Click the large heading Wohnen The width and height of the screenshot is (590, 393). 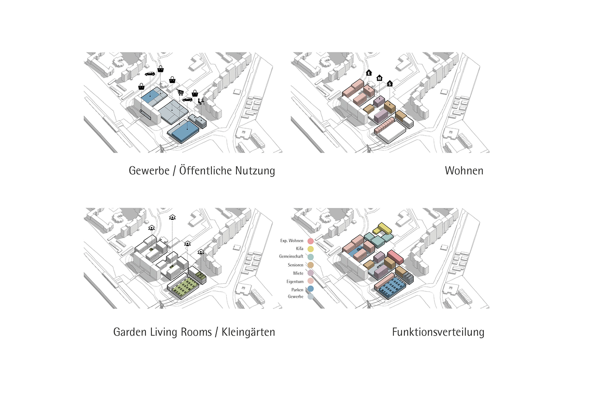coord(464,171)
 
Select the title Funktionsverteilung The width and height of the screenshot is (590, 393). coord(438,332)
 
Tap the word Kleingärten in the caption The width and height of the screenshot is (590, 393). coord(248,332)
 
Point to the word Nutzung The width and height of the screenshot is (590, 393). coord(255,171)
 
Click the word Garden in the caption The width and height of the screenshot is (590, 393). coord(130,332)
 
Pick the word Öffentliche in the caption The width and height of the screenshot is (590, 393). coord(205,170)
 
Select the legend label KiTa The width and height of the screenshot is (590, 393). coord(299,248)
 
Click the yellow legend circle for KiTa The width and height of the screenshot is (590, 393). coord(310,248)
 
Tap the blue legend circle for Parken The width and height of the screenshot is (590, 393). coord(310,289)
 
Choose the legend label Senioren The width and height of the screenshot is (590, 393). coord(295,265)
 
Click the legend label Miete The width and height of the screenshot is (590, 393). coord(298,273)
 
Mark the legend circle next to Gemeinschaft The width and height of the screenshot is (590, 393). coord(310,257)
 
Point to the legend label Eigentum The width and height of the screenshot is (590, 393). coord(295,282)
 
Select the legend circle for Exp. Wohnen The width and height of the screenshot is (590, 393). coord(310,241)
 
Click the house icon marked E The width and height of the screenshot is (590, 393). coord(369,73)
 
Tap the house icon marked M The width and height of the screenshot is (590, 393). coord(379,78)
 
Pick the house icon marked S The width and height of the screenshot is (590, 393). coord(390,83)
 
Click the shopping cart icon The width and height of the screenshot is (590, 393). coord(180,92)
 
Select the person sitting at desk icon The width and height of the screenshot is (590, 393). coord(201,101)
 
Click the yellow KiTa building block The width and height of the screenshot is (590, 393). coord(383,229)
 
